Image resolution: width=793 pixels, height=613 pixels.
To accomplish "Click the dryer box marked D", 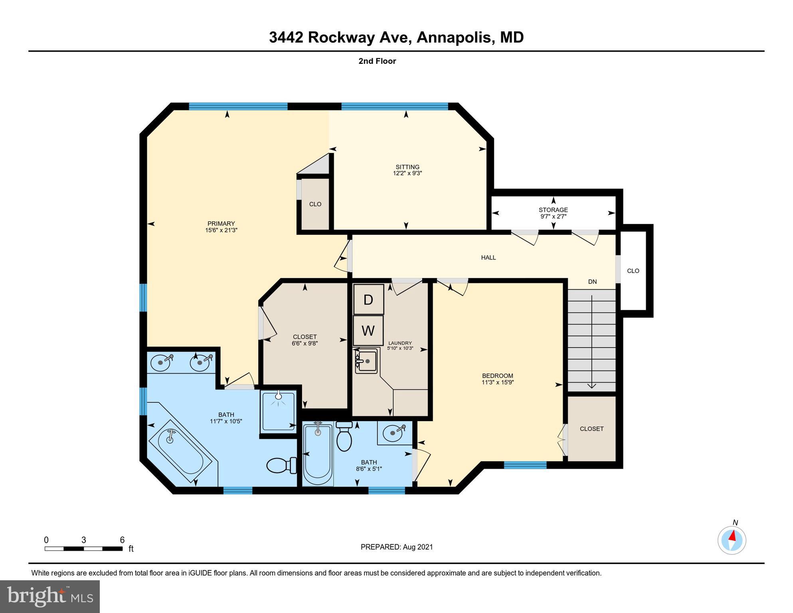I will pos(368,299).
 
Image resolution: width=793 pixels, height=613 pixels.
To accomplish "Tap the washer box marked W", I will pos(368,330).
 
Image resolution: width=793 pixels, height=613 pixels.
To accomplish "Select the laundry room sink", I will pos(366,361).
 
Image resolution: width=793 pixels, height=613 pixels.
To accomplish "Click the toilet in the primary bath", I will pos(281,465).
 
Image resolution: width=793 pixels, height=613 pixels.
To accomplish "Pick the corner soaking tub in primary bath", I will pos(180,451).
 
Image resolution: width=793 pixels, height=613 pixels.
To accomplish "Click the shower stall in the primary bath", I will pos(279,411).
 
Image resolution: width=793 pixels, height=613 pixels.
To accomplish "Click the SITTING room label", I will pos(407,167).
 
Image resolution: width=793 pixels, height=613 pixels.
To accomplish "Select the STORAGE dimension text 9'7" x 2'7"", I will pos(553,216).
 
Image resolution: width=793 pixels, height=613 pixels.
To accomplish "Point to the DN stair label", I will pos(592,282).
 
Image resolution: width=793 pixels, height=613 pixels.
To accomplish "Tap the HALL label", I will pos(488,258).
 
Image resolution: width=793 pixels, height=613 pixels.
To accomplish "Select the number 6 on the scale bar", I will pos(122,540).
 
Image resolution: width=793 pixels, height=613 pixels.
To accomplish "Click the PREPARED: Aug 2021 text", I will pos(396,547).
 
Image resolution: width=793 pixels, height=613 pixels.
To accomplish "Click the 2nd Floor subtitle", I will pos(377,61).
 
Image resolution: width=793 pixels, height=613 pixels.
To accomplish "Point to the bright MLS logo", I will pos(50,596).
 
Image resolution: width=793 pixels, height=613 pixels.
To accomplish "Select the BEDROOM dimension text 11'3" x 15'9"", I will pos(497,382).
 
